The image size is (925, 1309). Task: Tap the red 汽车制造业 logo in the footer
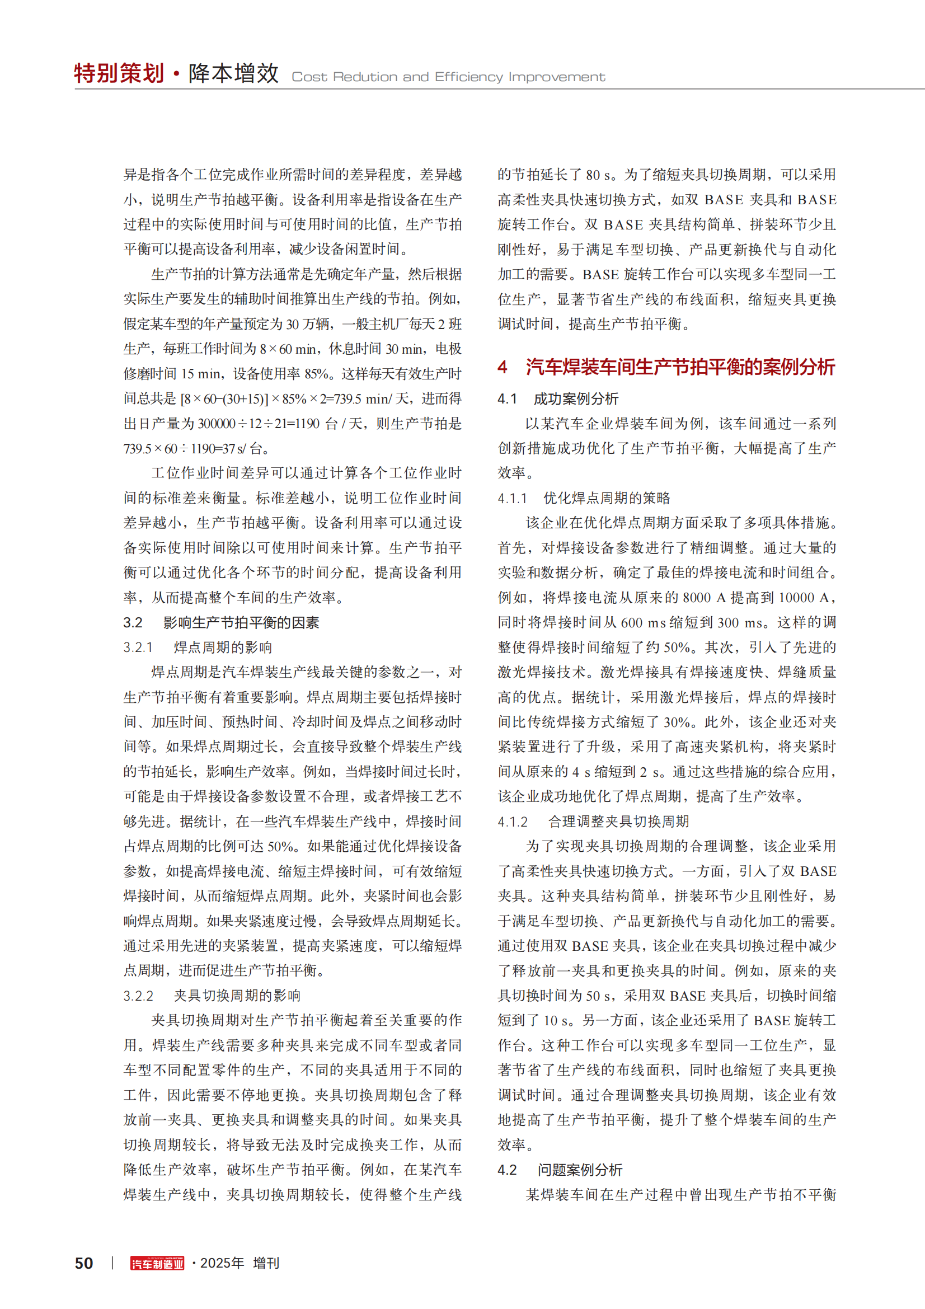point(157,1264)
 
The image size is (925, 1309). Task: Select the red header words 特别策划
point(119,73)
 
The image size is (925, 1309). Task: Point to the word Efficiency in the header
point(468,77)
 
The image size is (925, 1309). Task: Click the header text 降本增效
point(234,73)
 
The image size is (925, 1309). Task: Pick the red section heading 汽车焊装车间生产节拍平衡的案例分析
point(680,367)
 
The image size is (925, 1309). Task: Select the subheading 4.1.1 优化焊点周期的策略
point(584,498)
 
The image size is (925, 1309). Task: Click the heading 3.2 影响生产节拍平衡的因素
point(221,622)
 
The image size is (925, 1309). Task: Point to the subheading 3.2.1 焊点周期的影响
point(197,648)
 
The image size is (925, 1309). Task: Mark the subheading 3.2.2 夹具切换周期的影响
point(212,996)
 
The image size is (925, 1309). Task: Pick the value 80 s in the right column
point(600,175)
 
